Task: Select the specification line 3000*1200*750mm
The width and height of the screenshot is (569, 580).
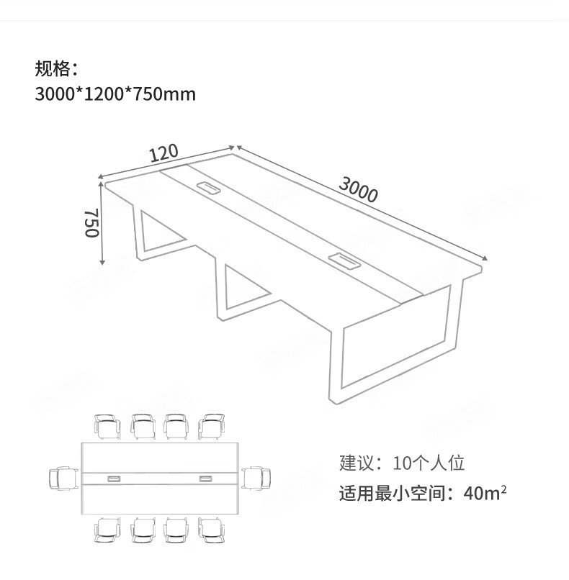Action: pyautogui.click(x=115, y=94)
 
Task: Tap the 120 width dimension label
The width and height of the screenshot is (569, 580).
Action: pyautogui.click(x=163, y=153)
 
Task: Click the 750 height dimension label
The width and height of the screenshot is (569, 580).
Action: pyautogui.click(x=91, y=225)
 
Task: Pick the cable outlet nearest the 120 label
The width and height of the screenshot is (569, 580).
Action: pyautogui.click(x=209, y=188)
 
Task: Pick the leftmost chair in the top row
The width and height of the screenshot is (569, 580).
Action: pyautogui.click(x=109, y=425)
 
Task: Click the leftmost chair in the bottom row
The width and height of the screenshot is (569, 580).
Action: pyautogui.click(x=109, y=530)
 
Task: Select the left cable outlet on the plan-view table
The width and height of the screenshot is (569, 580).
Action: pyautogui.click(x=115, y=479)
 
